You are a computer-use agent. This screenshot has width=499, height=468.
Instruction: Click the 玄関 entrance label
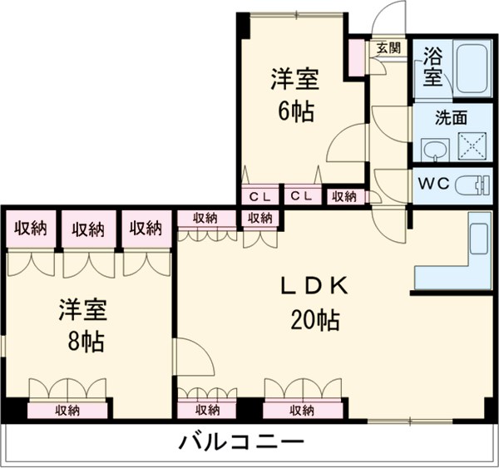(x=388, y=47)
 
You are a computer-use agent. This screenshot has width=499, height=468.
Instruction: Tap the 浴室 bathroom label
(x=432, y=67)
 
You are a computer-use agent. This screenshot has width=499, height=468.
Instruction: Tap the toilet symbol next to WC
(x=472, y=183)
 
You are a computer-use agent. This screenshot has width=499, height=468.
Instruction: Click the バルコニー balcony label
(x=242, y=441)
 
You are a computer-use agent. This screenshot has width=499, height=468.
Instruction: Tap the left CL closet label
(x=258, y=196)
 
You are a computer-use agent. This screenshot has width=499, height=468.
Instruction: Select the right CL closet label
(x=302, y=196)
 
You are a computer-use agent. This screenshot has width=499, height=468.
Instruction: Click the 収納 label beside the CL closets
(x=343, y=196)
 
